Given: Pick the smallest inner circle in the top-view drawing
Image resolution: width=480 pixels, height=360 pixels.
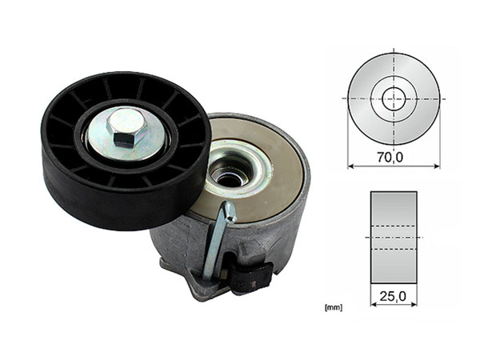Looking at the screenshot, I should (393, 98).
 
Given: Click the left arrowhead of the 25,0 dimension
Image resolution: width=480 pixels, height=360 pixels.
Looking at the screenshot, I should (373, 305).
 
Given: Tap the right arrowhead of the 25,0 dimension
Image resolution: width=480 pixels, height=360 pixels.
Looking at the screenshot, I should (414, 305).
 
